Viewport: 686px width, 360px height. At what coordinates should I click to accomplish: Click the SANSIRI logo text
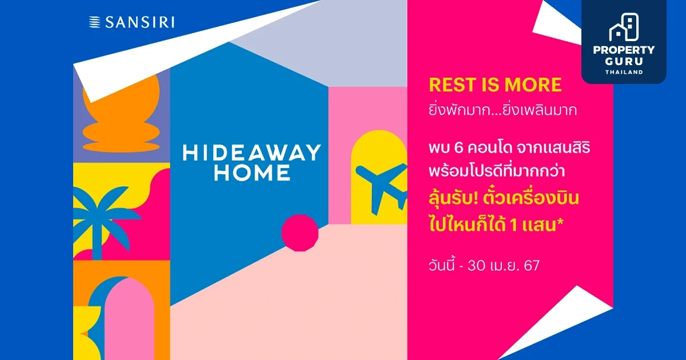139,23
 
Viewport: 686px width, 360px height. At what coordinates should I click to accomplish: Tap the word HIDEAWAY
252,153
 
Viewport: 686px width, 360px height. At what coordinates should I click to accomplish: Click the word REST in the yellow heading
452,85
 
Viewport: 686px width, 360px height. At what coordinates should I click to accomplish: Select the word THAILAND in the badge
624,72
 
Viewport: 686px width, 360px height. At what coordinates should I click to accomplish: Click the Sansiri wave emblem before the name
95,23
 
